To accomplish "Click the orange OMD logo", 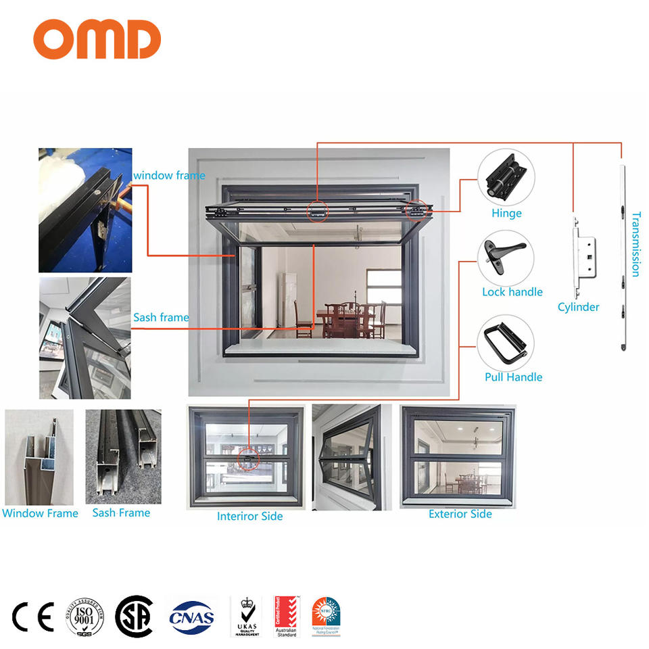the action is tap(97, 39).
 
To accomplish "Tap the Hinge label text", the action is tap(506, 214).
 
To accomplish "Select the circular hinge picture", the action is tap(506, 177).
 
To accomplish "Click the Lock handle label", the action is tap(512, 292).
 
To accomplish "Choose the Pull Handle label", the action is tap(513, 377).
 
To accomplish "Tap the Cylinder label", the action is tap(578, 307).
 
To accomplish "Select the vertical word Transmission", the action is tap(635, 244).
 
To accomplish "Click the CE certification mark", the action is tap(32, 617).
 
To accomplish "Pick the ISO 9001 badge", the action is tap(84, 617).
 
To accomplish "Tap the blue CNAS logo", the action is tap(191, 617).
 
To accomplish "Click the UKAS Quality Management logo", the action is tap(246, 617).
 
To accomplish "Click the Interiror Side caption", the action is tap(249, 516).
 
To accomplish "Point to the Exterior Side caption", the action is tap(460, 514).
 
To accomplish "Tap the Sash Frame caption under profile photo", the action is tap(121, 513).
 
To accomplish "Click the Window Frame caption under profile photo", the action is tap(40, 513).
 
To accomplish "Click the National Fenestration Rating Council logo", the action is tap(326, 617).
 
